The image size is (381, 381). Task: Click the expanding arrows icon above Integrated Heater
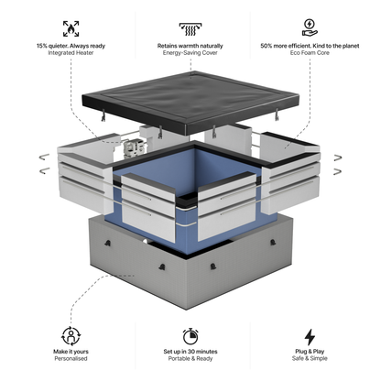(x=71, y=27)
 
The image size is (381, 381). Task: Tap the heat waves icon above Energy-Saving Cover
(x=190, y=27)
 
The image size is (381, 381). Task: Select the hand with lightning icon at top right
(x=310, y=27)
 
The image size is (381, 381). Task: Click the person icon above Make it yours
(x=71, y=336)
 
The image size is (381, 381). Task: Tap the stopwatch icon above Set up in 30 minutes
(x=190, y=336)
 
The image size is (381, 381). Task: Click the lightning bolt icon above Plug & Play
(x=310, y=336)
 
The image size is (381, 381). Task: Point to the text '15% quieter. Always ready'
(x=71, y=46)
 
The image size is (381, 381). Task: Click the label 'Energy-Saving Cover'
(x=190, y=54)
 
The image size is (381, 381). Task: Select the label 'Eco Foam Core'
(x=310, y=54)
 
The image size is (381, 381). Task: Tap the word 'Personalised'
(x=71, y=360)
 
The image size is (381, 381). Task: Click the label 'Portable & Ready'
(x=190, y=360)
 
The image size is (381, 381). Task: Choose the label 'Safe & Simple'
(x=310, y=360)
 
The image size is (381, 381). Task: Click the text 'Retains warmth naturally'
(x=190, y=46)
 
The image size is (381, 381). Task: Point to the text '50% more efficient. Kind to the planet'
(x=310, y=46)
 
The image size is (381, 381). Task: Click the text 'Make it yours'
(x=71, y=352)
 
